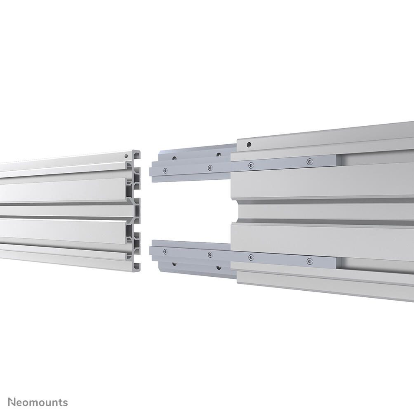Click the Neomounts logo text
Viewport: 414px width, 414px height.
click(38, 402)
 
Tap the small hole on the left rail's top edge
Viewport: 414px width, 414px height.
click(127, 156)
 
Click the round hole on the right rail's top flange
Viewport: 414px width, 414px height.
click(249, 144)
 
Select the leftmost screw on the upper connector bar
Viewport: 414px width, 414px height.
click(165, 171)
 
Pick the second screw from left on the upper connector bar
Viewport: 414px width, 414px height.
click(210, 168)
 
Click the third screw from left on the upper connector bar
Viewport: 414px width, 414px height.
click(251, 165)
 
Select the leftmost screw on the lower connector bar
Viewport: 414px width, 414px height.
click(165, 252)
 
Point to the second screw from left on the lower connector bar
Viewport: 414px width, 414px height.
click(210, 254)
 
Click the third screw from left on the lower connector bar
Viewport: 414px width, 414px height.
click(251, 257)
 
